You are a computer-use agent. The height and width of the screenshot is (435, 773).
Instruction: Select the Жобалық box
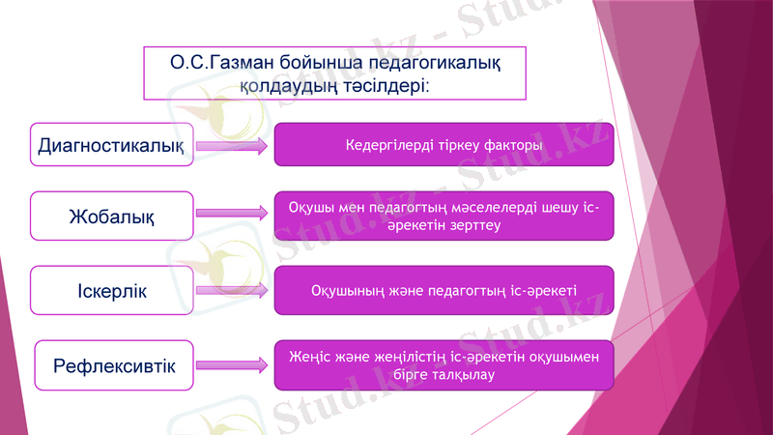coord(112,216)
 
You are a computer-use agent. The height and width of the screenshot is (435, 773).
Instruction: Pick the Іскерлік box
coord(112,291)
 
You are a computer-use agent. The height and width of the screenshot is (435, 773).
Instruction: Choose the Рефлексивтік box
coord(114,366)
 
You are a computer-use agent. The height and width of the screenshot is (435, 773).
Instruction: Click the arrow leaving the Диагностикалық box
coord(232,147)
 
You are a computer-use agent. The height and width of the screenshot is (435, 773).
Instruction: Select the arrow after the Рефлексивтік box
coord(232,364)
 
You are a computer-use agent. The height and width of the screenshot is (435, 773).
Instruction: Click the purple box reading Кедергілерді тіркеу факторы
coord(444,145)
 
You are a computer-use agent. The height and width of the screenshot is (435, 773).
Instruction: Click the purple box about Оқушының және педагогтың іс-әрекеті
coord(444,290)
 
